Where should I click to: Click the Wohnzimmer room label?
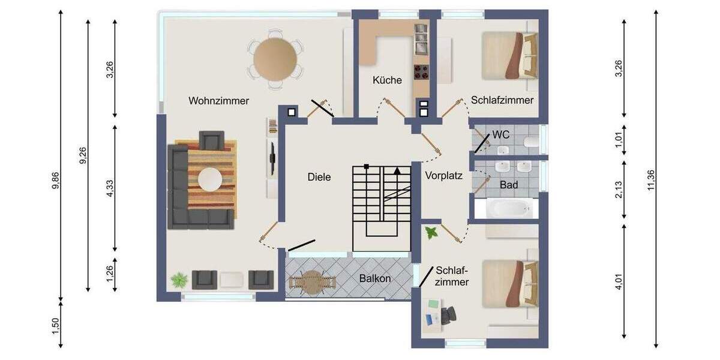point(218,101)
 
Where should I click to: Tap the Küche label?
point(387,80)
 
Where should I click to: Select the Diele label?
point(319,177)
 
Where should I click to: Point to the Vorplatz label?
point(444,176)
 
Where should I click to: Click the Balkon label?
point(375,278)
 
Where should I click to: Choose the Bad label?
point(509,185)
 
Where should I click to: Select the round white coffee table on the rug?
point(211,179)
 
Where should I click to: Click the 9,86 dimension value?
point(56,181)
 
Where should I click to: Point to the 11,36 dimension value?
point(651,180)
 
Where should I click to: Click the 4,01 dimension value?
point(619,281)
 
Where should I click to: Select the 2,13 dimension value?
point(619,190)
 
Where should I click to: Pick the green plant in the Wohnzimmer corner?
point(179,279)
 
